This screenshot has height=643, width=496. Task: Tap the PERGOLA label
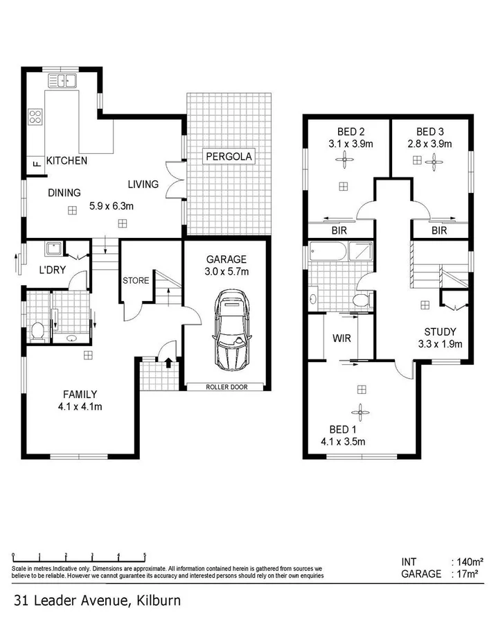[x=229, y=157]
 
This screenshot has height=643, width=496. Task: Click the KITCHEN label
[x=67, y=161]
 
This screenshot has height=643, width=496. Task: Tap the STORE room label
[x=136, y=281]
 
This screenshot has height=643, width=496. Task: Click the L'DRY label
[x=52, y=270]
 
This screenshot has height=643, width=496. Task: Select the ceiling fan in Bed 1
[x=360, y=409]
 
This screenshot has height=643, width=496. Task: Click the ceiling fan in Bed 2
[x=344, y=161]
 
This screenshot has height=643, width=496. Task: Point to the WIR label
[x=340, y=338]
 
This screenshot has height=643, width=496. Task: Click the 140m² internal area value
[x=470, y=562]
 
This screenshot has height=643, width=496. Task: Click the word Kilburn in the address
[x=157, y=600]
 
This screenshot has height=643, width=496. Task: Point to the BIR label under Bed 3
[x=439, y=231]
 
